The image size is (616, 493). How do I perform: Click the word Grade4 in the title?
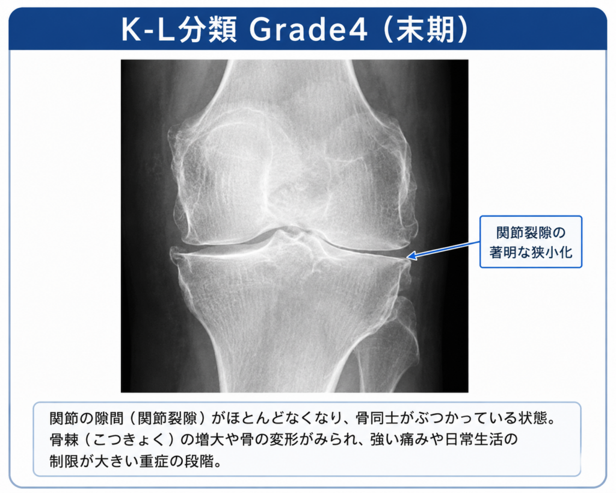309,29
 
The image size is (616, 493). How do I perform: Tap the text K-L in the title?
148,29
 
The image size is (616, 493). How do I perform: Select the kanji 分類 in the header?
208,29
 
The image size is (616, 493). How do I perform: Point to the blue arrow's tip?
407,258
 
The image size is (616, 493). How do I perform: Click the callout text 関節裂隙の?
531,233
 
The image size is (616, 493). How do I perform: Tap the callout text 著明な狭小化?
531,252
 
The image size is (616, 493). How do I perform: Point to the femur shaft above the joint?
291,87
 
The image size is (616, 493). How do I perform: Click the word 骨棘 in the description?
64,439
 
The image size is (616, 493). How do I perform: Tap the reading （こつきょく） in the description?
130,439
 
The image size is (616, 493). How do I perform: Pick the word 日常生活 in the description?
473,439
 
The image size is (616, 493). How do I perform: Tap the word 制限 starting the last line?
64,460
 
